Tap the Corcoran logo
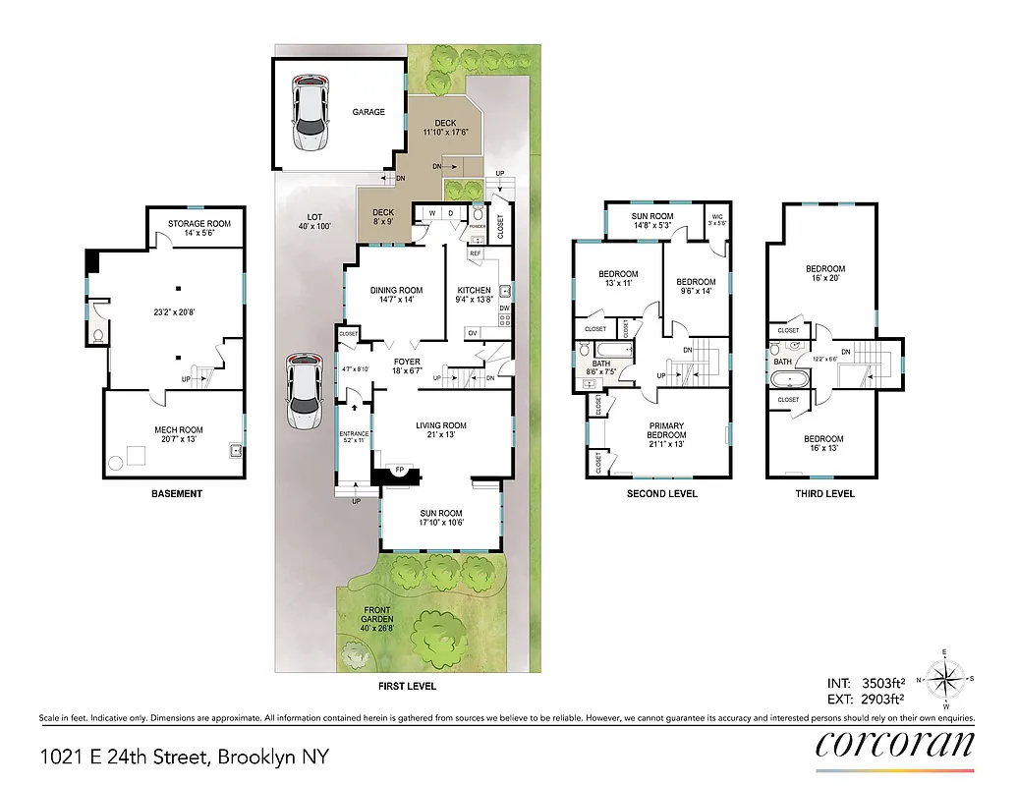tap(895, 745)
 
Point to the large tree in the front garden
tap(433, 638)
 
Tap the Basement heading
tap(177, 493)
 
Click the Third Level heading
tap(824, 493)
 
